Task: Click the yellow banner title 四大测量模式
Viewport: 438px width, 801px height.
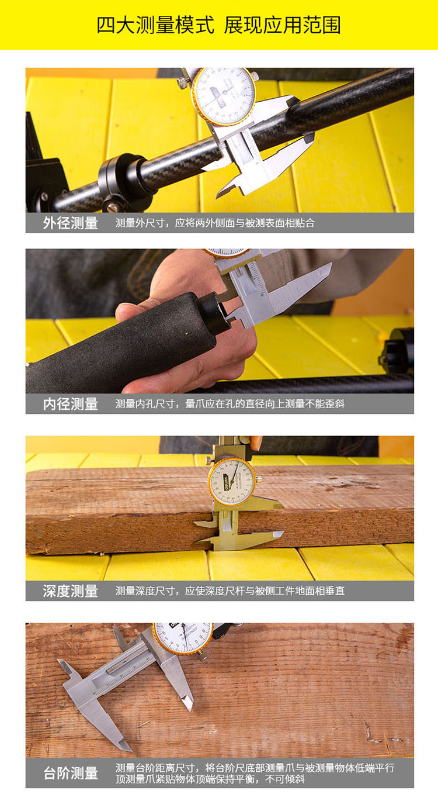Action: (x=155, y=25)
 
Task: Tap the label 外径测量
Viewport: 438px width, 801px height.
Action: (x=71, y=223)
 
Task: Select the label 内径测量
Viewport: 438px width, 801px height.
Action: (x=71, y=404)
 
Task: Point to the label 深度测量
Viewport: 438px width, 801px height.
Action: (x=71, y=591)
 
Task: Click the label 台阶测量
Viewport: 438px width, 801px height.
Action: (x=71, y=773)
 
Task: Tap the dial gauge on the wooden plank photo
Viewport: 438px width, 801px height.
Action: (x=232, y=482)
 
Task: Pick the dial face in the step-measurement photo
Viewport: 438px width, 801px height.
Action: (x=183, y=637)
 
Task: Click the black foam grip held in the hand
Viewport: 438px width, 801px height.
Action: (x=121, y=343)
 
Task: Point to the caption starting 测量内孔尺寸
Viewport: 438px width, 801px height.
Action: (x=230, y=404)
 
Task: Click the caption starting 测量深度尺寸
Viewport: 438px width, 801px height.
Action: (x=230, y=591)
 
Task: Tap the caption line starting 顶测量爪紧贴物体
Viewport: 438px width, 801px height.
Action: (x=210, y=779)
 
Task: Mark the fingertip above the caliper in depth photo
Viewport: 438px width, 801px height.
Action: (x=256, y=443)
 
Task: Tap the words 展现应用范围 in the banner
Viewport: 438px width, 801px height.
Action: (x=282, y=25)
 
